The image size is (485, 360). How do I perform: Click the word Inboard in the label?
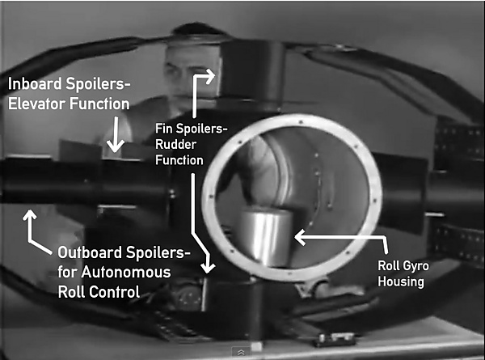pyautogui.click(x=35, y=84)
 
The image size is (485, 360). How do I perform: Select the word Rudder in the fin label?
pyautogui.click(x=175, y=144)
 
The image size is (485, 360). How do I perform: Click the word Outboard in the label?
pyautogui.click(x=89, y=252)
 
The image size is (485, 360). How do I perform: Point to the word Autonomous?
pyautogui.click(x=126, y=273)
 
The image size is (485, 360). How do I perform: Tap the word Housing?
pyautogui.click(x=401, y=282)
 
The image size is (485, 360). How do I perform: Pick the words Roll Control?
pyautogui.click(x=99, y=292)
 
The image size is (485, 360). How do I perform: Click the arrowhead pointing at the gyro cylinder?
pyautogui.click(x=299, y=237)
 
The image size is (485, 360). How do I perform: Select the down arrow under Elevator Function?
pyautogui.click(x=116, y=134)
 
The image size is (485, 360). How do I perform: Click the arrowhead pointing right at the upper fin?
pyautogui.click(x=210, y=76)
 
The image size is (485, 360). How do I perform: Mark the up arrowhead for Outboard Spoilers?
pyautogui.click(x=30, y=214)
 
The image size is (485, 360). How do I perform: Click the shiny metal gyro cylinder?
pyautogui.click(x=264, y=236)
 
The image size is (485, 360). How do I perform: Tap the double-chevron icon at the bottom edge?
pyautogui.click(x=241, y=352)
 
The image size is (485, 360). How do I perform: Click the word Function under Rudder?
pyautogui.click(x=179, y=160)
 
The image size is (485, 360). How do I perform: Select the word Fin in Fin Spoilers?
pyautogui.click(x=163, y=129)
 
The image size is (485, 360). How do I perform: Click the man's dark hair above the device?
pyautogui.click(x=198, y=30)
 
